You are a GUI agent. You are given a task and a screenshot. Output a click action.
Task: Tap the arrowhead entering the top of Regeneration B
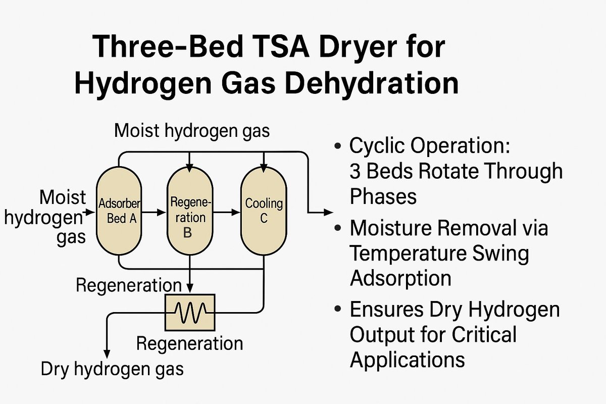(x=189, y=165)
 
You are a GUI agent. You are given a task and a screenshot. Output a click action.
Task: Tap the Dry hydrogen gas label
(x=112, y=369)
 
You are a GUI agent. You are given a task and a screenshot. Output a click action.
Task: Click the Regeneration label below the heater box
(x=189, y=344)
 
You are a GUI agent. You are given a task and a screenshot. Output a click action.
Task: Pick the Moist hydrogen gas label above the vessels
(x=192, y=131)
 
